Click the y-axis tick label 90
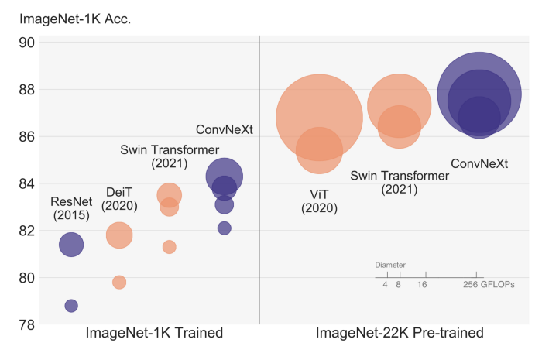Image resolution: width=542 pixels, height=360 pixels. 26,43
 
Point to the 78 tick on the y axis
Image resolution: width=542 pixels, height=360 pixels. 26,324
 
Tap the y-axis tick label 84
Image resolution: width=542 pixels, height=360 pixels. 26,183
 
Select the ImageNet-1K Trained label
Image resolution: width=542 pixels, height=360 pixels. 154,333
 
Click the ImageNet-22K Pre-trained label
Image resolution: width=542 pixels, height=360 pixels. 400,333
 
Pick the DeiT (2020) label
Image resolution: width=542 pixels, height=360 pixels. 119,198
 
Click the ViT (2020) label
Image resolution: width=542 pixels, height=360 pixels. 317,200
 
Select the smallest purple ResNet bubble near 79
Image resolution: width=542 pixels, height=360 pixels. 71,306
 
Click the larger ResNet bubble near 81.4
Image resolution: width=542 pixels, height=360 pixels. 71,245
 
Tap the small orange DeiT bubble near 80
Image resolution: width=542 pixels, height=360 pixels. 119,283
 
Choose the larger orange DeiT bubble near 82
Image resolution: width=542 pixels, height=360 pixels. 119,235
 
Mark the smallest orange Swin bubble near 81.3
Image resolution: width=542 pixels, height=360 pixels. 169,247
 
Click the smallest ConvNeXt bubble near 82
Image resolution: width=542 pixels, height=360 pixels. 224,228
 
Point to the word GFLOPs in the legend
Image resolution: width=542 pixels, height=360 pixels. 499,285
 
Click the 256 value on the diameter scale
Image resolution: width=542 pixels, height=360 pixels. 475,285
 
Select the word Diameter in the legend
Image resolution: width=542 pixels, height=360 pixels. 390,266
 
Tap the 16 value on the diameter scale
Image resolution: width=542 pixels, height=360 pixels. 422,285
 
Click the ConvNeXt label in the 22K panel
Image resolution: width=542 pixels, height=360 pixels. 479,164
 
